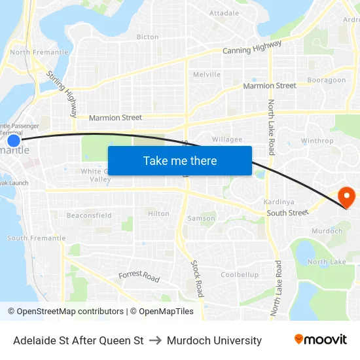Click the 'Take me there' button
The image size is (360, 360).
click(180, 160)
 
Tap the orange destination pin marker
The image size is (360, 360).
click(345, 196)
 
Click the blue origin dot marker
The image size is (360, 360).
click(14, 140)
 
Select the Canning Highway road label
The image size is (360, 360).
click(252, 47)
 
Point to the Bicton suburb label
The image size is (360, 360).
click(147, 37)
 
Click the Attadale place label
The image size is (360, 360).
click(224, 13)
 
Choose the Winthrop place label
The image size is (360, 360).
click(317, 141)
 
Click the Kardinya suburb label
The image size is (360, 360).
click(276, 202)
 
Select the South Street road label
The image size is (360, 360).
click(287, 213)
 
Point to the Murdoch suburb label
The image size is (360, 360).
click(327, 231)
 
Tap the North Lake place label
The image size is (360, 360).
click(327, 262)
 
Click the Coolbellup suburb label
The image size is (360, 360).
click(240, 275)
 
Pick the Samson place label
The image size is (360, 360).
click(201, 219)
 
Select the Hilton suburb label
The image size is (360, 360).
click(158, 214)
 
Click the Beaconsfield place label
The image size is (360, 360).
click(89, 215)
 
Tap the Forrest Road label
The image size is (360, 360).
click(139, 277)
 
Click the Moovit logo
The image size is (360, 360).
click(320, 340)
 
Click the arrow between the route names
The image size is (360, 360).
click(155, 340)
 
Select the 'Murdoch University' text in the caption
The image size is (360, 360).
click(214, 340)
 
